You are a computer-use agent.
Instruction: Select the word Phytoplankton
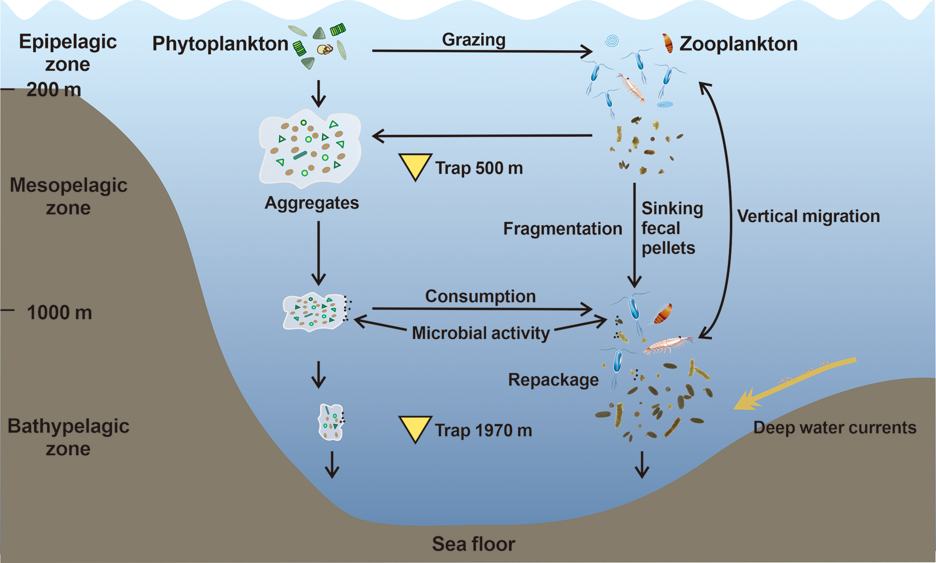(220, 44)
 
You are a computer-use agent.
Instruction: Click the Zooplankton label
(738, 44)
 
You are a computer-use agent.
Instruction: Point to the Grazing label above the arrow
(474, 40)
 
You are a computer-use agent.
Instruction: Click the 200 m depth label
(53, 90)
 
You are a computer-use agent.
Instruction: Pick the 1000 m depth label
(59, 313)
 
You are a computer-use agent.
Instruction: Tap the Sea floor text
(473, 544)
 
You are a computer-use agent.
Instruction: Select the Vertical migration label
(808, 216)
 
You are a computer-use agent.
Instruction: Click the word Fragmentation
(562, 229)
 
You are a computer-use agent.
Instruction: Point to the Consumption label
(480, 296)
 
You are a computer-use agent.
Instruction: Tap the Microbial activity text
(480, 333)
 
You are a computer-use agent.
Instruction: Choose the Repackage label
(553, 380)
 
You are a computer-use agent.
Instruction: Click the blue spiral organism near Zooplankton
(612, 41)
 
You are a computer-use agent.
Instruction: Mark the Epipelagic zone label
(68, 52)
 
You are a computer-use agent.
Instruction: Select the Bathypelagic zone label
(68, 437)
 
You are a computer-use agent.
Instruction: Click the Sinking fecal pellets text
(672, 228)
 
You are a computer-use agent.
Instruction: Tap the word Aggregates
(312, 203)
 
